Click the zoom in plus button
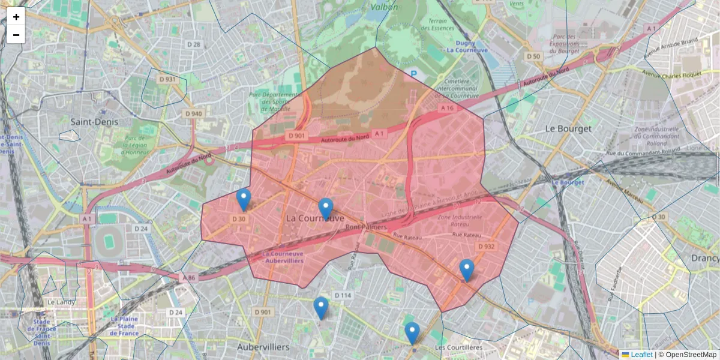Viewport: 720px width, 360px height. click(16, 17)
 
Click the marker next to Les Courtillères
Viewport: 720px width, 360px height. click(412, 333)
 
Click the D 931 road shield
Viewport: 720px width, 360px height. click(167, 79)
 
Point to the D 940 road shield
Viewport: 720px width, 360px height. click(193, 113)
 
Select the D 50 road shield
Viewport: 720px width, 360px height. click(533, 56)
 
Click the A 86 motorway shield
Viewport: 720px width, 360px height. click(189, 277)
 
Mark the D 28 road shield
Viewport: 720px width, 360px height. click(193, 44)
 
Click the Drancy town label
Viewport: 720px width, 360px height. click(704, 258)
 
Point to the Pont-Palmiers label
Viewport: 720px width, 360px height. click(366, 227)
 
